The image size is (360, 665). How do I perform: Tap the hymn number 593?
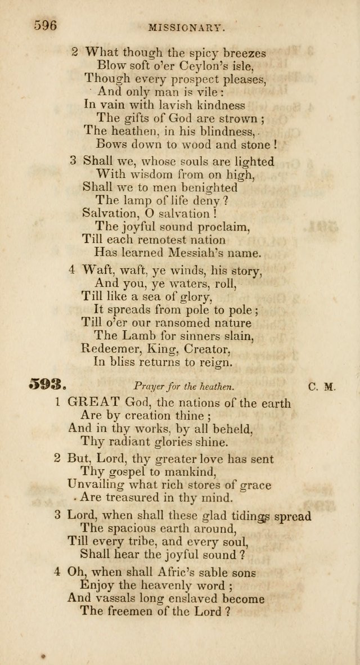click(x=48, y=386)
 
